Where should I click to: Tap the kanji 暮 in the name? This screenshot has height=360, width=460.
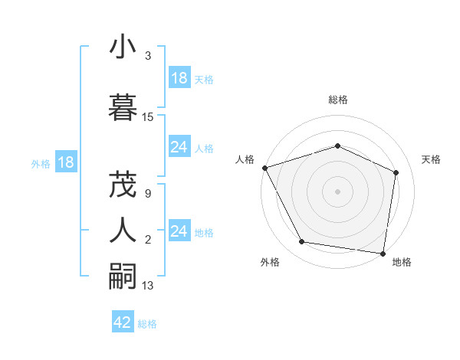click(x=123, y=106)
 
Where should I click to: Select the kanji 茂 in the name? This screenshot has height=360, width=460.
click(x=123, y=185)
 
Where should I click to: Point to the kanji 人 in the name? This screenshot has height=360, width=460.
click(x=123, y=229)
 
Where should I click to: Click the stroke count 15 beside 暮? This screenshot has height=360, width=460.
click(x=148, y=117)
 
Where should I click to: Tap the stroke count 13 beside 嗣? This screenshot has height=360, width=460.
click(x=148, y=286)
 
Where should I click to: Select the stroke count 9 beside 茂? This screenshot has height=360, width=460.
click(x=147, y=194)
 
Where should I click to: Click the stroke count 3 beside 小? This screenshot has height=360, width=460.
click(x=147, y=56)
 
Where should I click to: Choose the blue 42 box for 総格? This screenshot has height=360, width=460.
click(x=123, y=322)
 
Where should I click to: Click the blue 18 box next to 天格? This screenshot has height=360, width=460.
click(x=179, y=78)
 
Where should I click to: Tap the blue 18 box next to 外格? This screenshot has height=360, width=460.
click(x=66, y=162)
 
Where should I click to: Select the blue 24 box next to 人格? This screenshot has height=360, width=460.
click(x=179, y=147)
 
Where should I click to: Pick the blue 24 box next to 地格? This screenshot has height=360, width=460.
click(x=179, y=231)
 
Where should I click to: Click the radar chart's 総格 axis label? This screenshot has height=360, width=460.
click(x=338, y=100)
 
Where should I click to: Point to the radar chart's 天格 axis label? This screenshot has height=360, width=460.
click(x=432, y=159)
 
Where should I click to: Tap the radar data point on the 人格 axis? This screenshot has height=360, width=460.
click(x=265, y=168)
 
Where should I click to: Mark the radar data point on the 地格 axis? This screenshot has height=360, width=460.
click(x=383, y=253)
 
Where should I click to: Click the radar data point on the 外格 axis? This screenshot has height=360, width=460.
click(x=302, y=242)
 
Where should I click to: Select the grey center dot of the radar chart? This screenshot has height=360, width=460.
click(x=338, y=191)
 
